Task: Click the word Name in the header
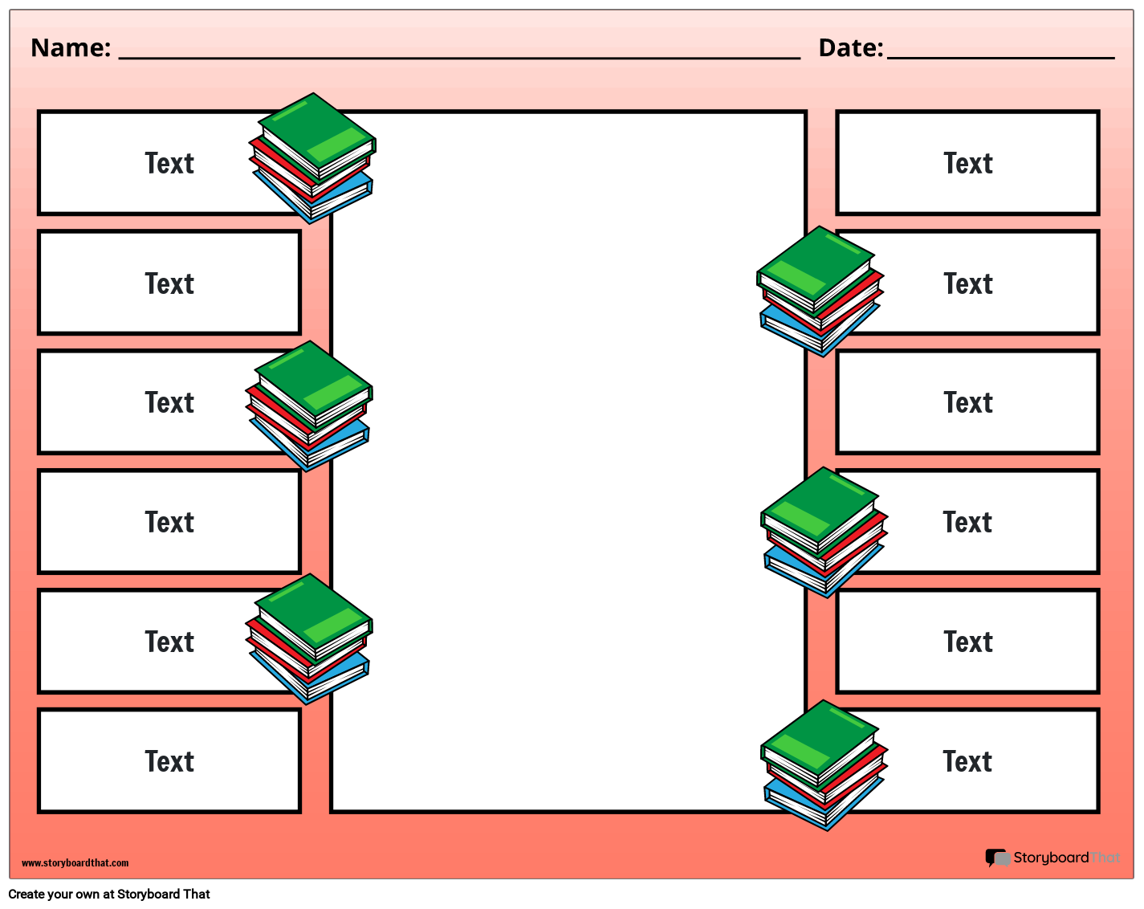pyautogui.click(x=70, y=48)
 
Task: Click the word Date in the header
pyautogui.click(x=849, y=48)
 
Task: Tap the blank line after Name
pyautogui.click(x=459, y=56)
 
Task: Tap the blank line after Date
pyautogui.click(x=1000, y=56)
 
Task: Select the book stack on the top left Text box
pyautogui.click(x=314, y=159)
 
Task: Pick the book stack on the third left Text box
pyautogui.click(x=310, y=407)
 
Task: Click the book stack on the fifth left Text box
pyautogui.click(x=310, y=639)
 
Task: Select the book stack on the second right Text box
pyautogui.click(x=820, y=291)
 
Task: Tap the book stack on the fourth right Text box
pyautogui.click(x=824, y=532)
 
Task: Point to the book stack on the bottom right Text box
pyautogui.click(x=824, y=765)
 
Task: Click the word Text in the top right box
pyautogui.click(x=968, y=164)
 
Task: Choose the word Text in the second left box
pyautogui.click(x=169, y=284)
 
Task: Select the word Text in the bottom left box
pyautogui.click(x=169, y=762)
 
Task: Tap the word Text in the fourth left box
pyautogui.click(x=169, y=523)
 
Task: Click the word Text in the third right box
pyautogui.click(x=968, y=403)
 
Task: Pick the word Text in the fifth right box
pyautogui.click(x=968, y=642)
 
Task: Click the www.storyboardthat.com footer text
pyautogui.click(x=75, y=863)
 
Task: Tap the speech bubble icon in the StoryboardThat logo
pyautogui.click(x=997, y=858)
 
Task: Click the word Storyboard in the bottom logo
pyautogui.click(x=1051, y=858)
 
